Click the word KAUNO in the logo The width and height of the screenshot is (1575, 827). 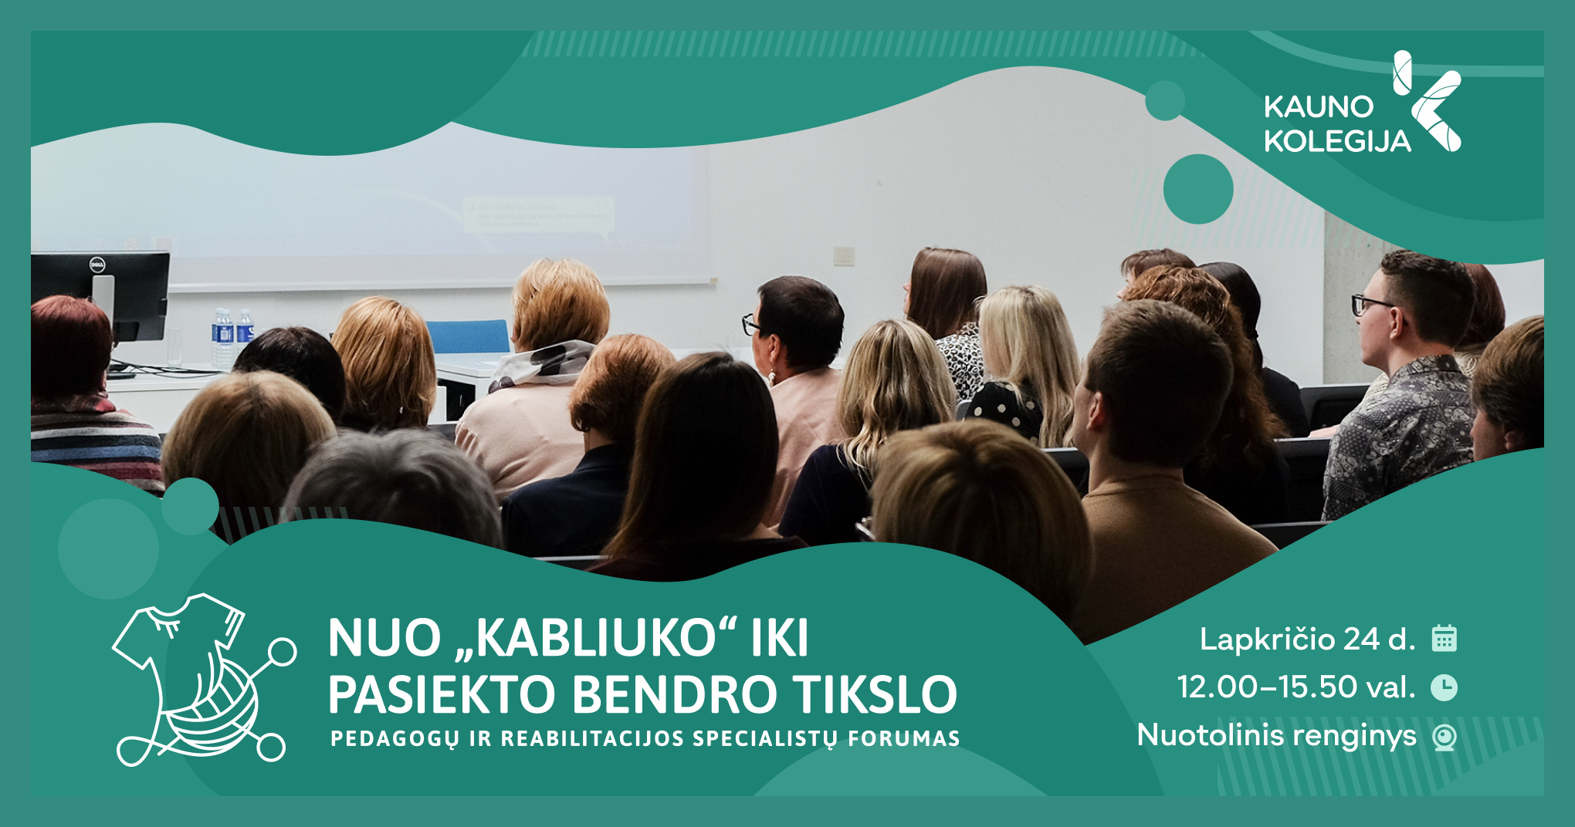(x=1319, y=107)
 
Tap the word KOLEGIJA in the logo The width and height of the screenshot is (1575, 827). (x=1337, y=141)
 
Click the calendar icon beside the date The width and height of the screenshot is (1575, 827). (x=1444, y=639)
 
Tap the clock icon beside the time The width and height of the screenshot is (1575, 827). (x=1444, y=687)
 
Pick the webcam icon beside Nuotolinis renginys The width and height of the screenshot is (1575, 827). (x=1444, y=737)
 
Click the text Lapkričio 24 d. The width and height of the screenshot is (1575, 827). (x=1307, y=639)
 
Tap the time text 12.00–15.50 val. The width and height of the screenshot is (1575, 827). (x=1296, y=687)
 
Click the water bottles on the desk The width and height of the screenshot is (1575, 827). (x=232, y=337)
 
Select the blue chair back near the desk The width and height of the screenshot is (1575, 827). (x=467, y=336)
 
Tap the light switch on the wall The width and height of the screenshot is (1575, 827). (x=844, y=255)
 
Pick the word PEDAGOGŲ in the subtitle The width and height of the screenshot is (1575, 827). (x=395, y=739)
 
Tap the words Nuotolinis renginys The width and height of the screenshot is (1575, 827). (x=1277, y=735)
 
